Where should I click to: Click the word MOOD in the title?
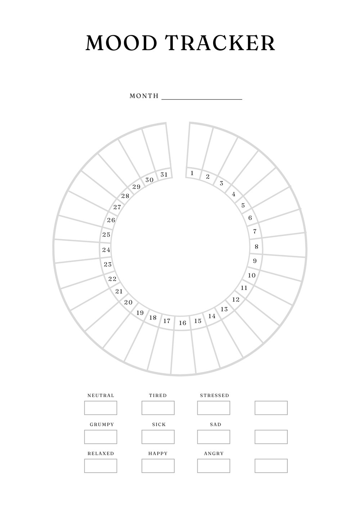click(121, 43)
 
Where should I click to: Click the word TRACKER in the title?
click(220, 43)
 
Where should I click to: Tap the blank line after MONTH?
click(202, 99)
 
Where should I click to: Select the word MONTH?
click(144, 96)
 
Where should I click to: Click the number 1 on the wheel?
click(192, 173)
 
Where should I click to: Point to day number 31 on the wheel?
click(164, 175)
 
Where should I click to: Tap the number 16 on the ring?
click(183, 323)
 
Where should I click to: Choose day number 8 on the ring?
click(257, 247)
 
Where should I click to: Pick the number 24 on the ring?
click(106, 250)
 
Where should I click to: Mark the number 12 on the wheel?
click(236, 299)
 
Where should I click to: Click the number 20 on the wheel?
click(128, 302)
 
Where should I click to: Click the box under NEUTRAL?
click(101, 408)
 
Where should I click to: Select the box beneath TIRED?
click(158, 408)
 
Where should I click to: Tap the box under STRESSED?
click(213, 408)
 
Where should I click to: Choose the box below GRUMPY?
click(101, 437)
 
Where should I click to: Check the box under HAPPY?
click(158, 466)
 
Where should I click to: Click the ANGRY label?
click(214, 454)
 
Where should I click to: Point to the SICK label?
click(159, 424)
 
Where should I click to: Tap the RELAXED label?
click(101, 454)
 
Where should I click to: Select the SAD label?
click(215, 424)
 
